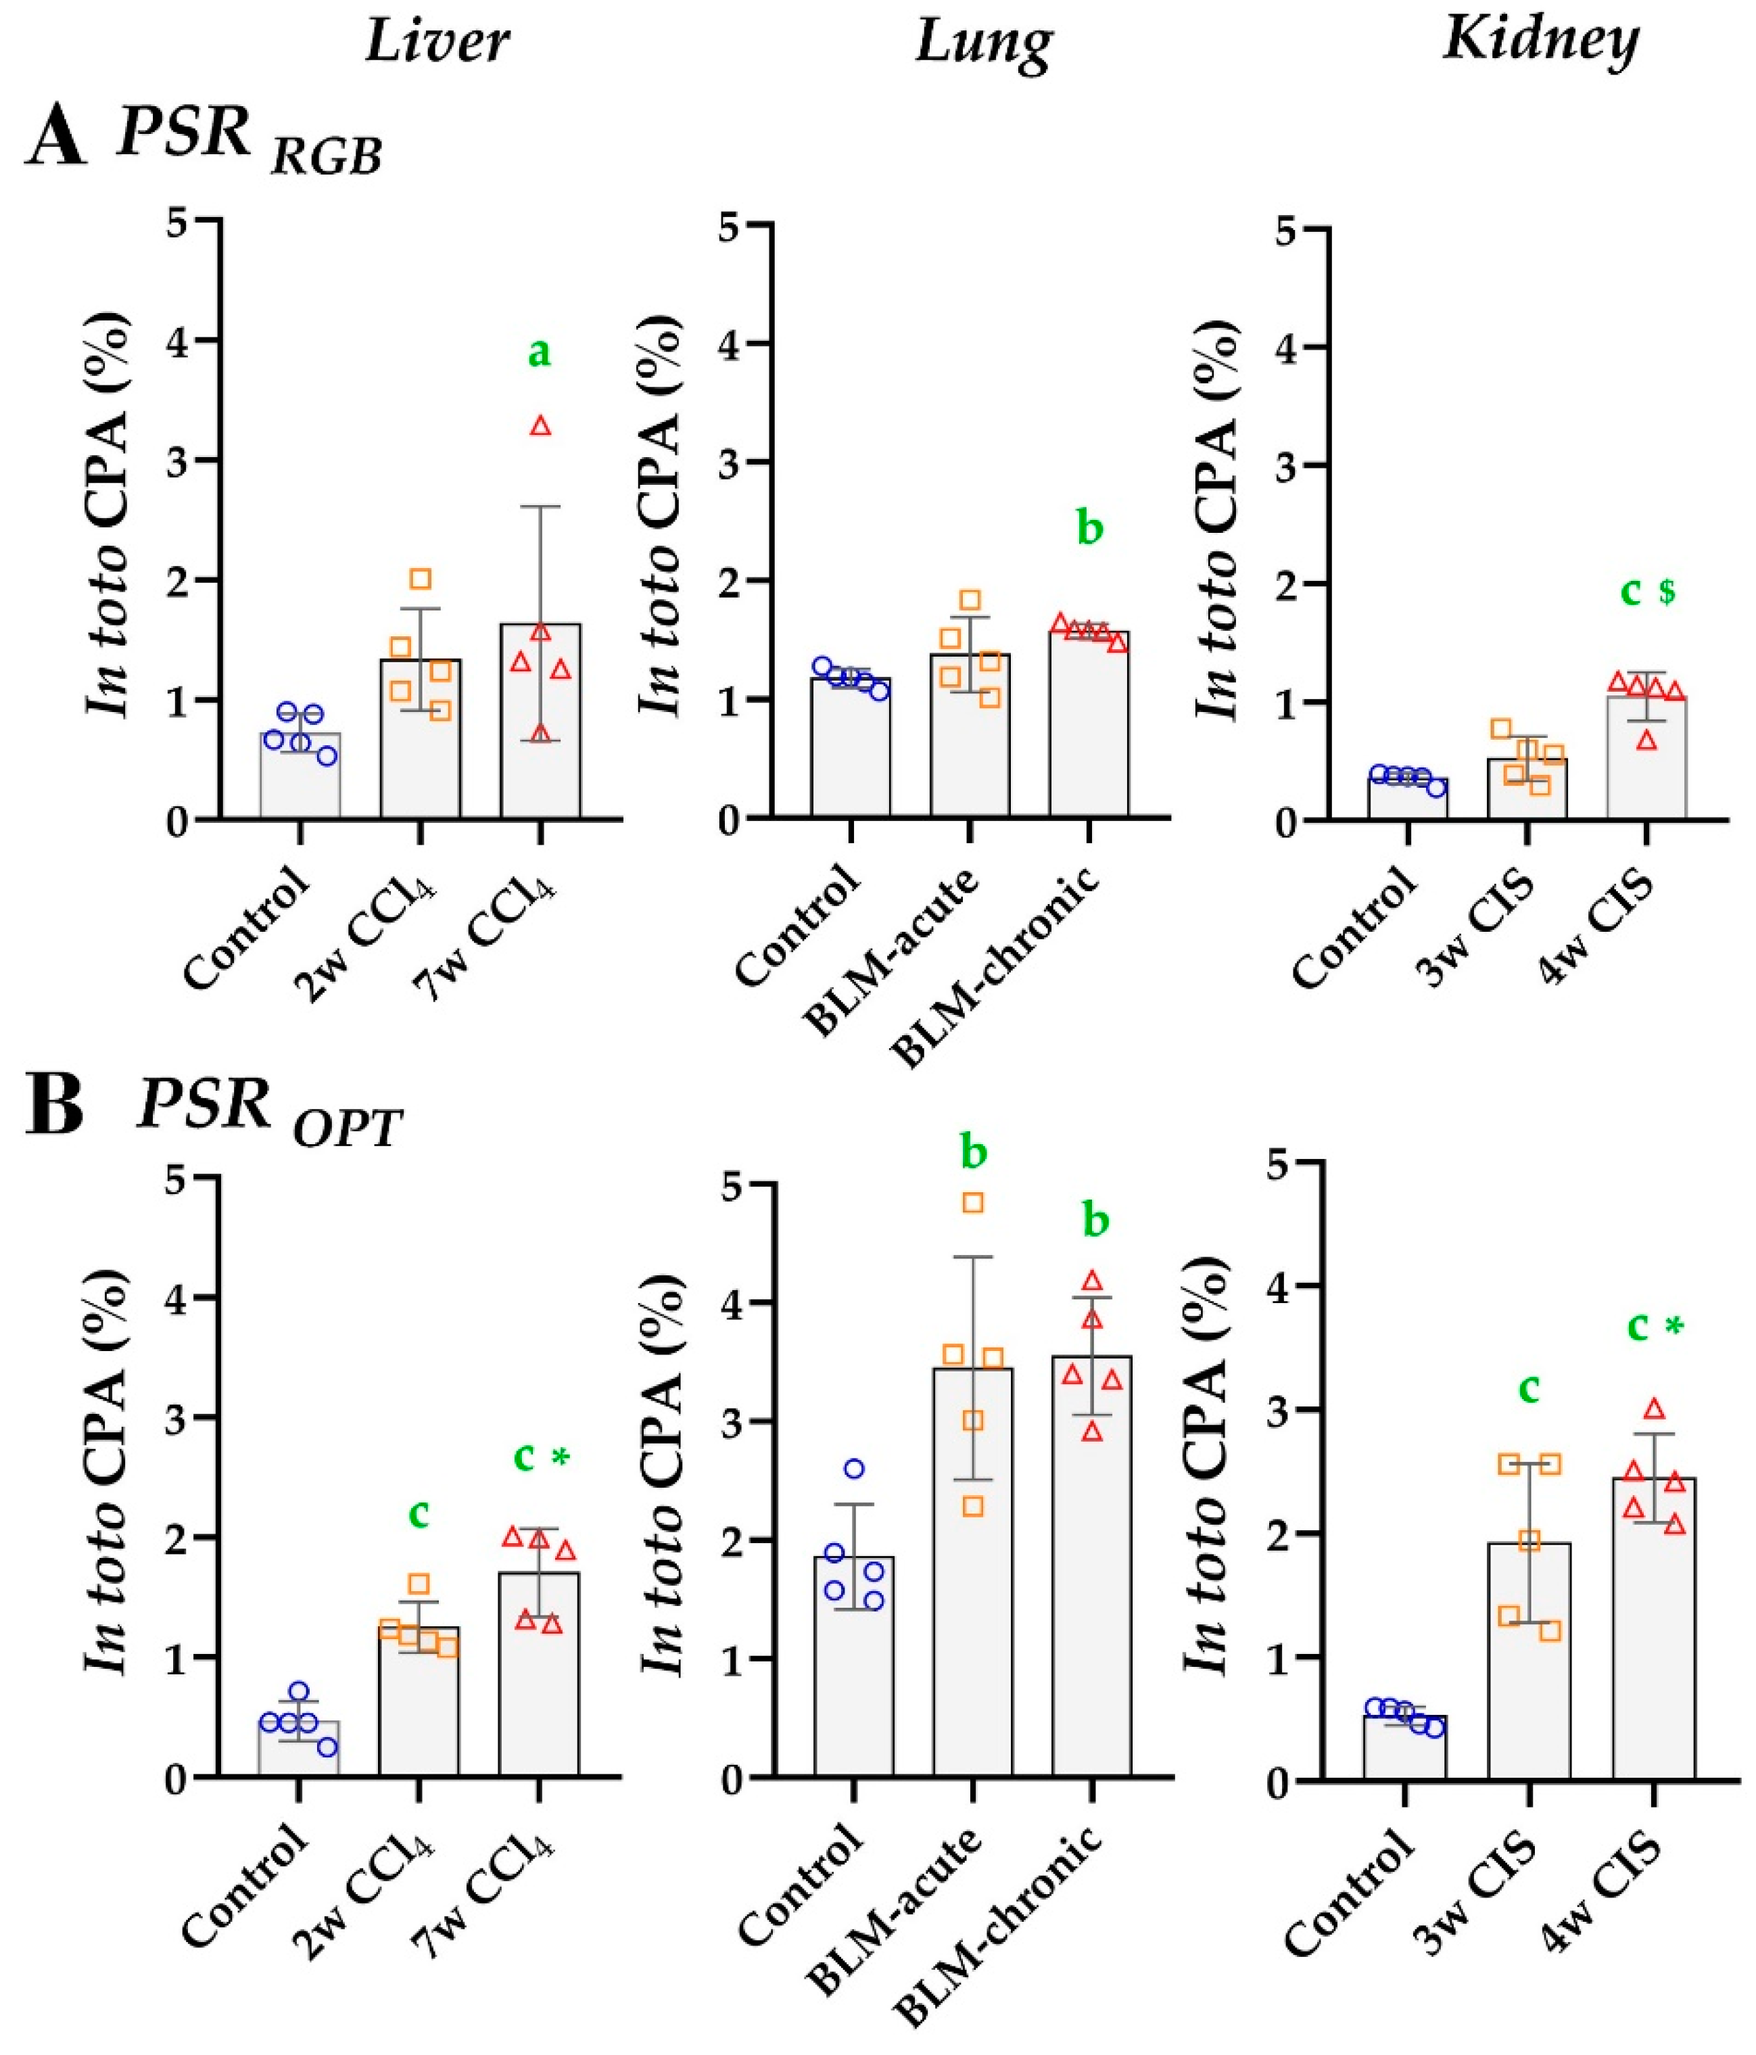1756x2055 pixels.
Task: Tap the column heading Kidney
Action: click(1540, 40)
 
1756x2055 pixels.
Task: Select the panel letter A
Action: click(55, 141)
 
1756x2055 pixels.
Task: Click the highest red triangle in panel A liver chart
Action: click(540, 427)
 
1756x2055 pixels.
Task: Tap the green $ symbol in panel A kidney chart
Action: click(1667, 592)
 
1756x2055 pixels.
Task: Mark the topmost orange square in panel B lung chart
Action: click(973, 1203)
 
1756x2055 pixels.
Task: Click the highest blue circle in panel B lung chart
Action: click(854, 1469)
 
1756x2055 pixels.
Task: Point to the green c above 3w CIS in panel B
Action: click(1529, 1390)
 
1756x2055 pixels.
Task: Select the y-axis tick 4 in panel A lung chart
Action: click(732, 344)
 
